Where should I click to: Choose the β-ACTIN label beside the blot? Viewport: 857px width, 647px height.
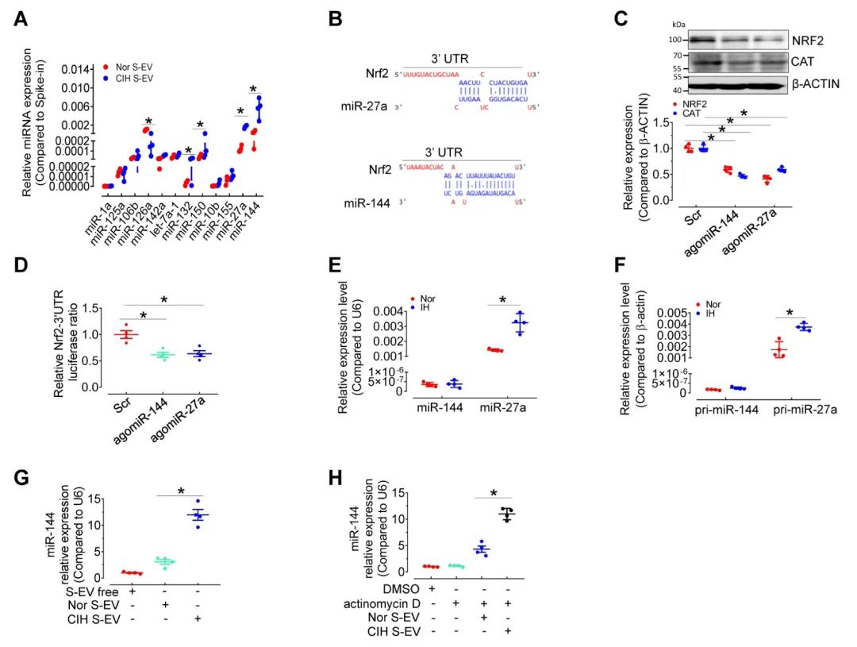click(x=817, y=83)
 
